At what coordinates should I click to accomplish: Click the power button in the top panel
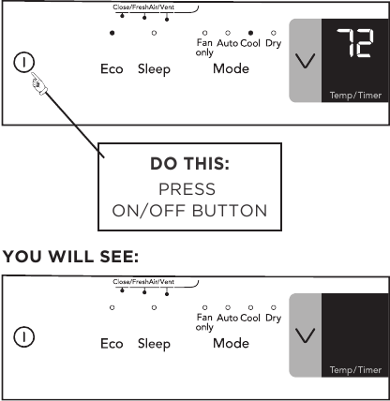23,62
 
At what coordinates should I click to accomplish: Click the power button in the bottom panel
23,336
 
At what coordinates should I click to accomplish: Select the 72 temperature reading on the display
354,43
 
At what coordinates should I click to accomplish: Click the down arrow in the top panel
305,61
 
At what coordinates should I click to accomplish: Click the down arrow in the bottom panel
305,335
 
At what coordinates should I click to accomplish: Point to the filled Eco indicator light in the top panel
112,33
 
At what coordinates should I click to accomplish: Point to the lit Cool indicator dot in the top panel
250,33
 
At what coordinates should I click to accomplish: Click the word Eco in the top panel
112,69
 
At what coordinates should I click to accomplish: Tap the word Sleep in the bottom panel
154,344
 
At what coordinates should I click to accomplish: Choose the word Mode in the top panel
231,68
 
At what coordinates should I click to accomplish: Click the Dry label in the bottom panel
274,319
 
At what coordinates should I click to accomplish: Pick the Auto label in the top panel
228,43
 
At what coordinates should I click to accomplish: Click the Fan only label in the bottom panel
204,322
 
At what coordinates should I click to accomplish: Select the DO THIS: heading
189,164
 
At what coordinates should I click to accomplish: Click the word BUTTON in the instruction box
230,211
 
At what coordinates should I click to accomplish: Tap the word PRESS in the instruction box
187,189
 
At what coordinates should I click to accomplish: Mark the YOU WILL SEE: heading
70,257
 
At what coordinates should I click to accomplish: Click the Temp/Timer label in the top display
355,96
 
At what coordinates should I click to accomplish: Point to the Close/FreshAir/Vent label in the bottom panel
143,282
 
